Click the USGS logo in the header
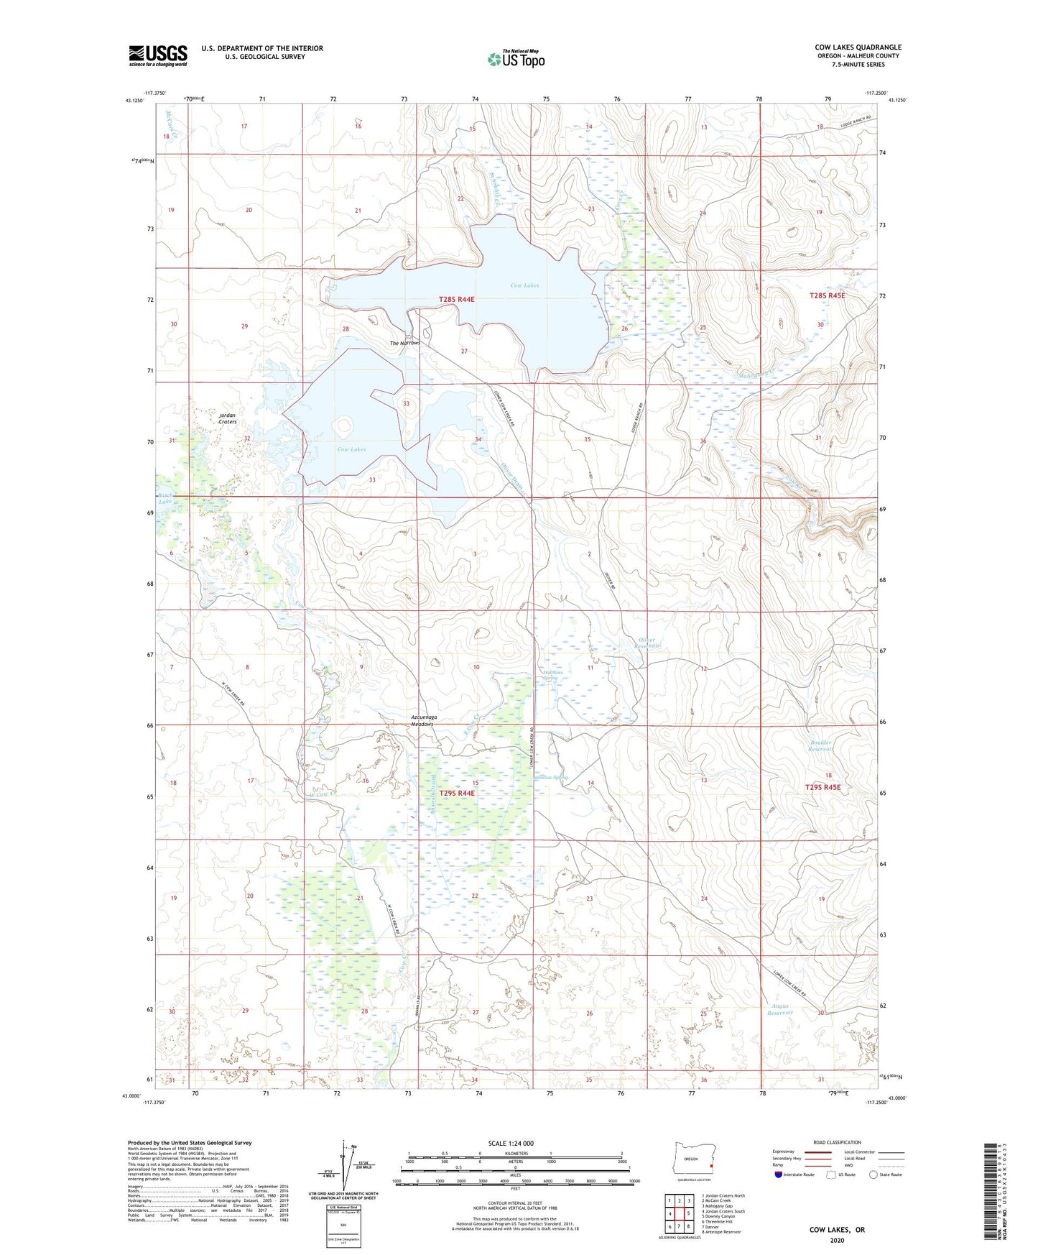click(x=158, y=55)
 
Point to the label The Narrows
click(x=404, y=343)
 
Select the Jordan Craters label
click(x=228, y=418)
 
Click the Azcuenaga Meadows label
click(x=423, y=720)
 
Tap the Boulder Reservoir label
click(x=820, y=746)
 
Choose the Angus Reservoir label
click(x=779, y=1009)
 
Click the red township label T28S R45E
click(x=828, y=295)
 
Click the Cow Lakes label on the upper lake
click(x=524, y=285)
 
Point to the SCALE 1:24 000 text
click(x=511, y=1143)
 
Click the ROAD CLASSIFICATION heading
click(x=837, y=1142)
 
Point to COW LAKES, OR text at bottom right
click(x=837, y=1230)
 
